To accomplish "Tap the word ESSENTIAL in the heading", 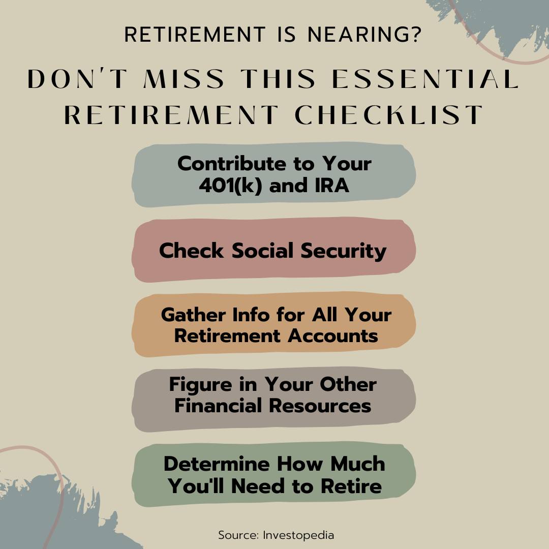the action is (425, 79).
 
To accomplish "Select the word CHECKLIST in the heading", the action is (389, 114).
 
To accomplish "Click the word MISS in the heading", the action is (184, 79).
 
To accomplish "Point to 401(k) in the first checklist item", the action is (230, 185).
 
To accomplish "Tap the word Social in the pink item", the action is (263, 251).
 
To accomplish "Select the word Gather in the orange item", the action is (194, 315).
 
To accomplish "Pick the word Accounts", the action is (333, 336).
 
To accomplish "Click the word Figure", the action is (201, 385).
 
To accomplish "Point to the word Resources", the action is (320, 406).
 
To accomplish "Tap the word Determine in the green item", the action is (217, 464).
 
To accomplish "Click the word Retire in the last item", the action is (351, 486).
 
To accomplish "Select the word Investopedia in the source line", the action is (298, 535).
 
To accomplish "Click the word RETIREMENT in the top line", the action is (195, 35).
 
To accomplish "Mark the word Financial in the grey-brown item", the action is (218, 406).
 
